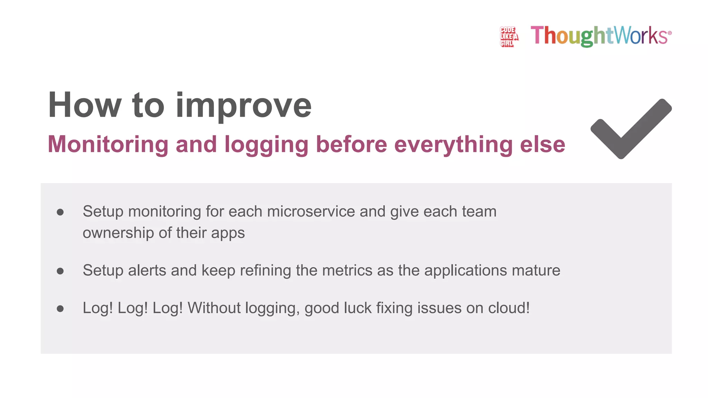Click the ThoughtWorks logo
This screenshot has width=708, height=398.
pyautogui.click(x=601, y=36)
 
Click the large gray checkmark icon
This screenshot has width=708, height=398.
pyautogui.click(x=631, y=129)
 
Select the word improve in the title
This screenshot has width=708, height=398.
pyautogui.click(x=243, y=106)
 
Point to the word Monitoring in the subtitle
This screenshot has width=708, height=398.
pyautogui.click(x=108, y=144)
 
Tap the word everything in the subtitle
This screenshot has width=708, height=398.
pyautogui.click(x=453, y=144)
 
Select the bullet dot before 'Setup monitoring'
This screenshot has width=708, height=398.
pyautogui.click(x=60, y=212)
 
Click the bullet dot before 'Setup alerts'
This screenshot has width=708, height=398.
pyautogui.click(x=60, y=271)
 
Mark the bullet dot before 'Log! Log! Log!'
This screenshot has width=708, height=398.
pyautogui.click(x=60, y=309)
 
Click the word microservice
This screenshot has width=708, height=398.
pyautogui.click(x=311, y=211)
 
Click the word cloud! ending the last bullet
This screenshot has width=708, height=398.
pyautogui.click(x=509, y=308)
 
